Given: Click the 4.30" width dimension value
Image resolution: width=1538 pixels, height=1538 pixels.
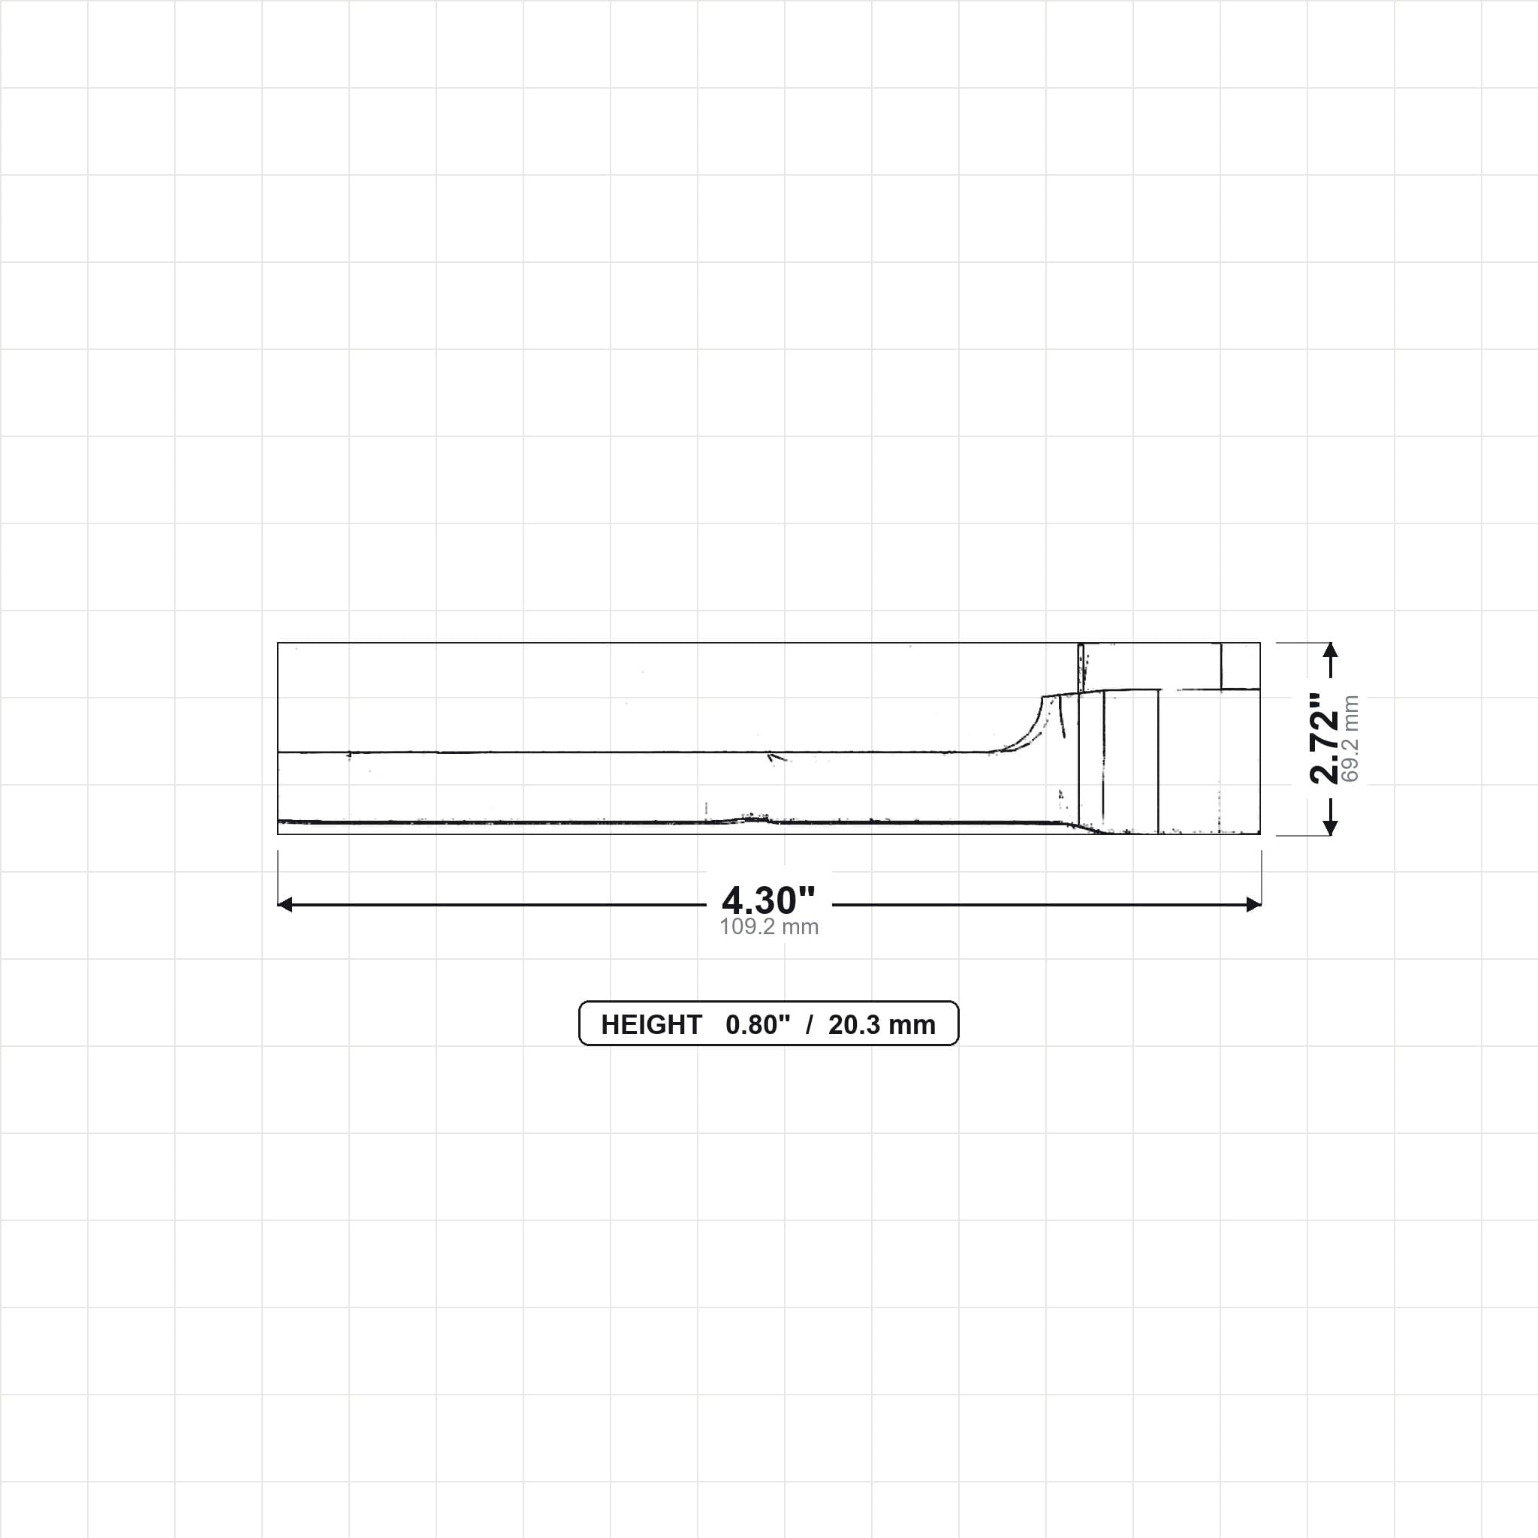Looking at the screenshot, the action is pyautogui.click(x=768, y=900).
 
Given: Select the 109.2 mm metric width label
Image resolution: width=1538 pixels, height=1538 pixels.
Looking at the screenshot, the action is pyautogui.click(x=769, y=927).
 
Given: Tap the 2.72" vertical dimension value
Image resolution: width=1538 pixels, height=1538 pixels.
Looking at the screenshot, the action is pyautogui.click(x=1325, y=738).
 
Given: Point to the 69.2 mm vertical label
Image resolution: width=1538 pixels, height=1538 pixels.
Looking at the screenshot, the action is pyautogui.click(x=1350, y=739).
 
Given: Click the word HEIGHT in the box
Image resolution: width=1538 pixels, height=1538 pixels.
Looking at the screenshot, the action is pyautogui.click(x=651, y=1024).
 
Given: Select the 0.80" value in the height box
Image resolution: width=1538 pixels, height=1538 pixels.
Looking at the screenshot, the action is pyautogui.click(x=758, y=1024).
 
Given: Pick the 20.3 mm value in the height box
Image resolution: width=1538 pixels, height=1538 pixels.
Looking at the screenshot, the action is pyautogui.click(x=882, y=1024).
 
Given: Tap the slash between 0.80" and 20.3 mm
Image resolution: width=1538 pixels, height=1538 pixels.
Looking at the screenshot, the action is pyautogui.click(x=810, y=1024).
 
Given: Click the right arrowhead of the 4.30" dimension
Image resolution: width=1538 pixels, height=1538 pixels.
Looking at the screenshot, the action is pyautogui.click(x=1254, y=904).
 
